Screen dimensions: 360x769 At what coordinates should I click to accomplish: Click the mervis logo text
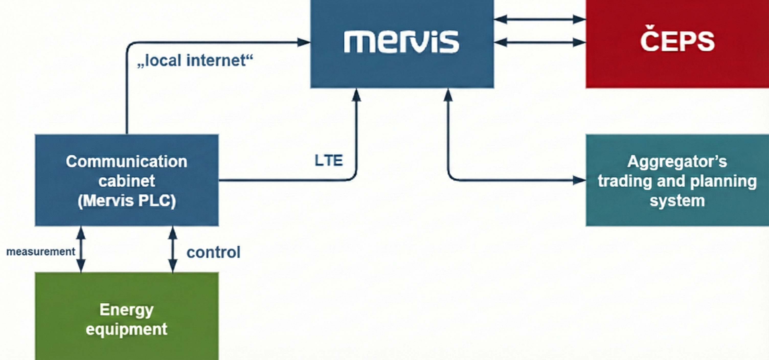[x=402, y=42]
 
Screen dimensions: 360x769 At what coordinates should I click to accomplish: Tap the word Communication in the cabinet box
[x=127, y=162]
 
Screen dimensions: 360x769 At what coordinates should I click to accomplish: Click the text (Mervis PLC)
[x=127, y=201]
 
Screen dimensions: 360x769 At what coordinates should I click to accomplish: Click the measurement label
[x=41, y=252]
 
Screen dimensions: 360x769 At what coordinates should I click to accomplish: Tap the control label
[x=213, y=252]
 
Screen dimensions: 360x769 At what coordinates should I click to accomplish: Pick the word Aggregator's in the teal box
[x=677, y=162]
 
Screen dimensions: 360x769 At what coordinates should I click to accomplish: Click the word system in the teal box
[x=677, y=201]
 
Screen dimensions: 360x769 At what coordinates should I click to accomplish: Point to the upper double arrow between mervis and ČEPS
[x=540, y=19]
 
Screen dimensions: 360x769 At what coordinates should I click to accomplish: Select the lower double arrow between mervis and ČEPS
[x=540, y=42]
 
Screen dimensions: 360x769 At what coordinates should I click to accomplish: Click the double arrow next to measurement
[x=81, y=249]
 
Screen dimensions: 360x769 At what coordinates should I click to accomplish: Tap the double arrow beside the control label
[x=173, y=249]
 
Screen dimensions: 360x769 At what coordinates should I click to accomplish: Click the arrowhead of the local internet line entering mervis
[x=304, y=42]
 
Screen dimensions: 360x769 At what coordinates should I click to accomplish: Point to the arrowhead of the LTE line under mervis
[x=356, y=95]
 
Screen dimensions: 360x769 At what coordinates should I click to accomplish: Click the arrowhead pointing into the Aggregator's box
[x=579, y=180]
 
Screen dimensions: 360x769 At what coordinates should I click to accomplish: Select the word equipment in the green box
[x=127, y=329]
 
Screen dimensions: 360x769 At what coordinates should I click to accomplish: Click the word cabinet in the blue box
[x=127, y=181]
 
